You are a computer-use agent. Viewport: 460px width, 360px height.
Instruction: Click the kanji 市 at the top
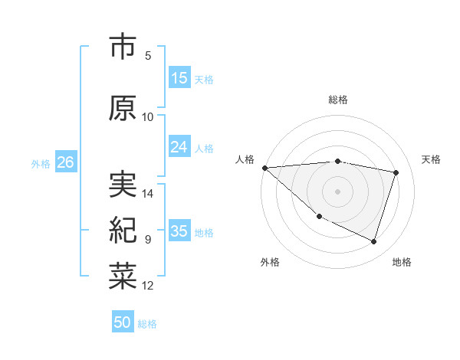(123, 47)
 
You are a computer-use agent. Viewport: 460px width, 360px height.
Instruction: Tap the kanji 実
(123, 184)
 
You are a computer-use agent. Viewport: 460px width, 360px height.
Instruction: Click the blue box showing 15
(179, 77)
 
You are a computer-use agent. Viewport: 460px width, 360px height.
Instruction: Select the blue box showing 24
(179, 147)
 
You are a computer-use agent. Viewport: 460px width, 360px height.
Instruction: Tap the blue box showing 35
(179, 231)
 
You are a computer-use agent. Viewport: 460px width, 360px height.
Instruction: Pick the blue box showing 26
(65, 162)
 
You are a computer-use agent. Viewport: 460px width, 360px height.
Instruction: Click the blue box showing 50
(123, 322)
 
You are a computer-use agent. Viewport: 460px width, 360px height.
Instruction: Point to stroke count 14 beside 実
(149, 193)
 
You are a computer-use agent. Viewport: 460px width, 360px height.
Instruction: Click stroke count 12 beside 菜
(149, 286)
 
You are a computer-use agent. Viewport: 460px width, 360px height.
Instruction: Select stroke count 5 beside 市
(148, 55)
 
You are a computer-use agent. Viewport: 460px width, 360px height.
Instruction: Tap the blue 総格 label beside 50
(147, 324)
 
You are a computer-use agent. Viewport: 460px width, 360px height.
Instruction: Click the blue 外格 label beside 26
(41, 163)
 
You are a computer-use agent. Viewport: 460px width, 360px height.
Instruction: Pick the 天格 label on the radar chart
(432, 159)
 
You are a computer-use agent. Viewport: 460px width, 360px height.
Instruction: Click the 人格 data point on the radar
(264, 168)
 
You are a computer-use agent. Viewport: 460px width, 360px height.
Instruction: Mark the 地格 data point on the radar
(373, 242)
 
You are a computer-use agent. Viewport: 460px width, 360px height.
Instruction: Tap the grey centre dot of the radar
(337, 191)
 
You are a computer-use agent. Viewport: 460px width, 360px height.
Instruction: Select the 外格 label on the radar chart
(270, 262)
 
